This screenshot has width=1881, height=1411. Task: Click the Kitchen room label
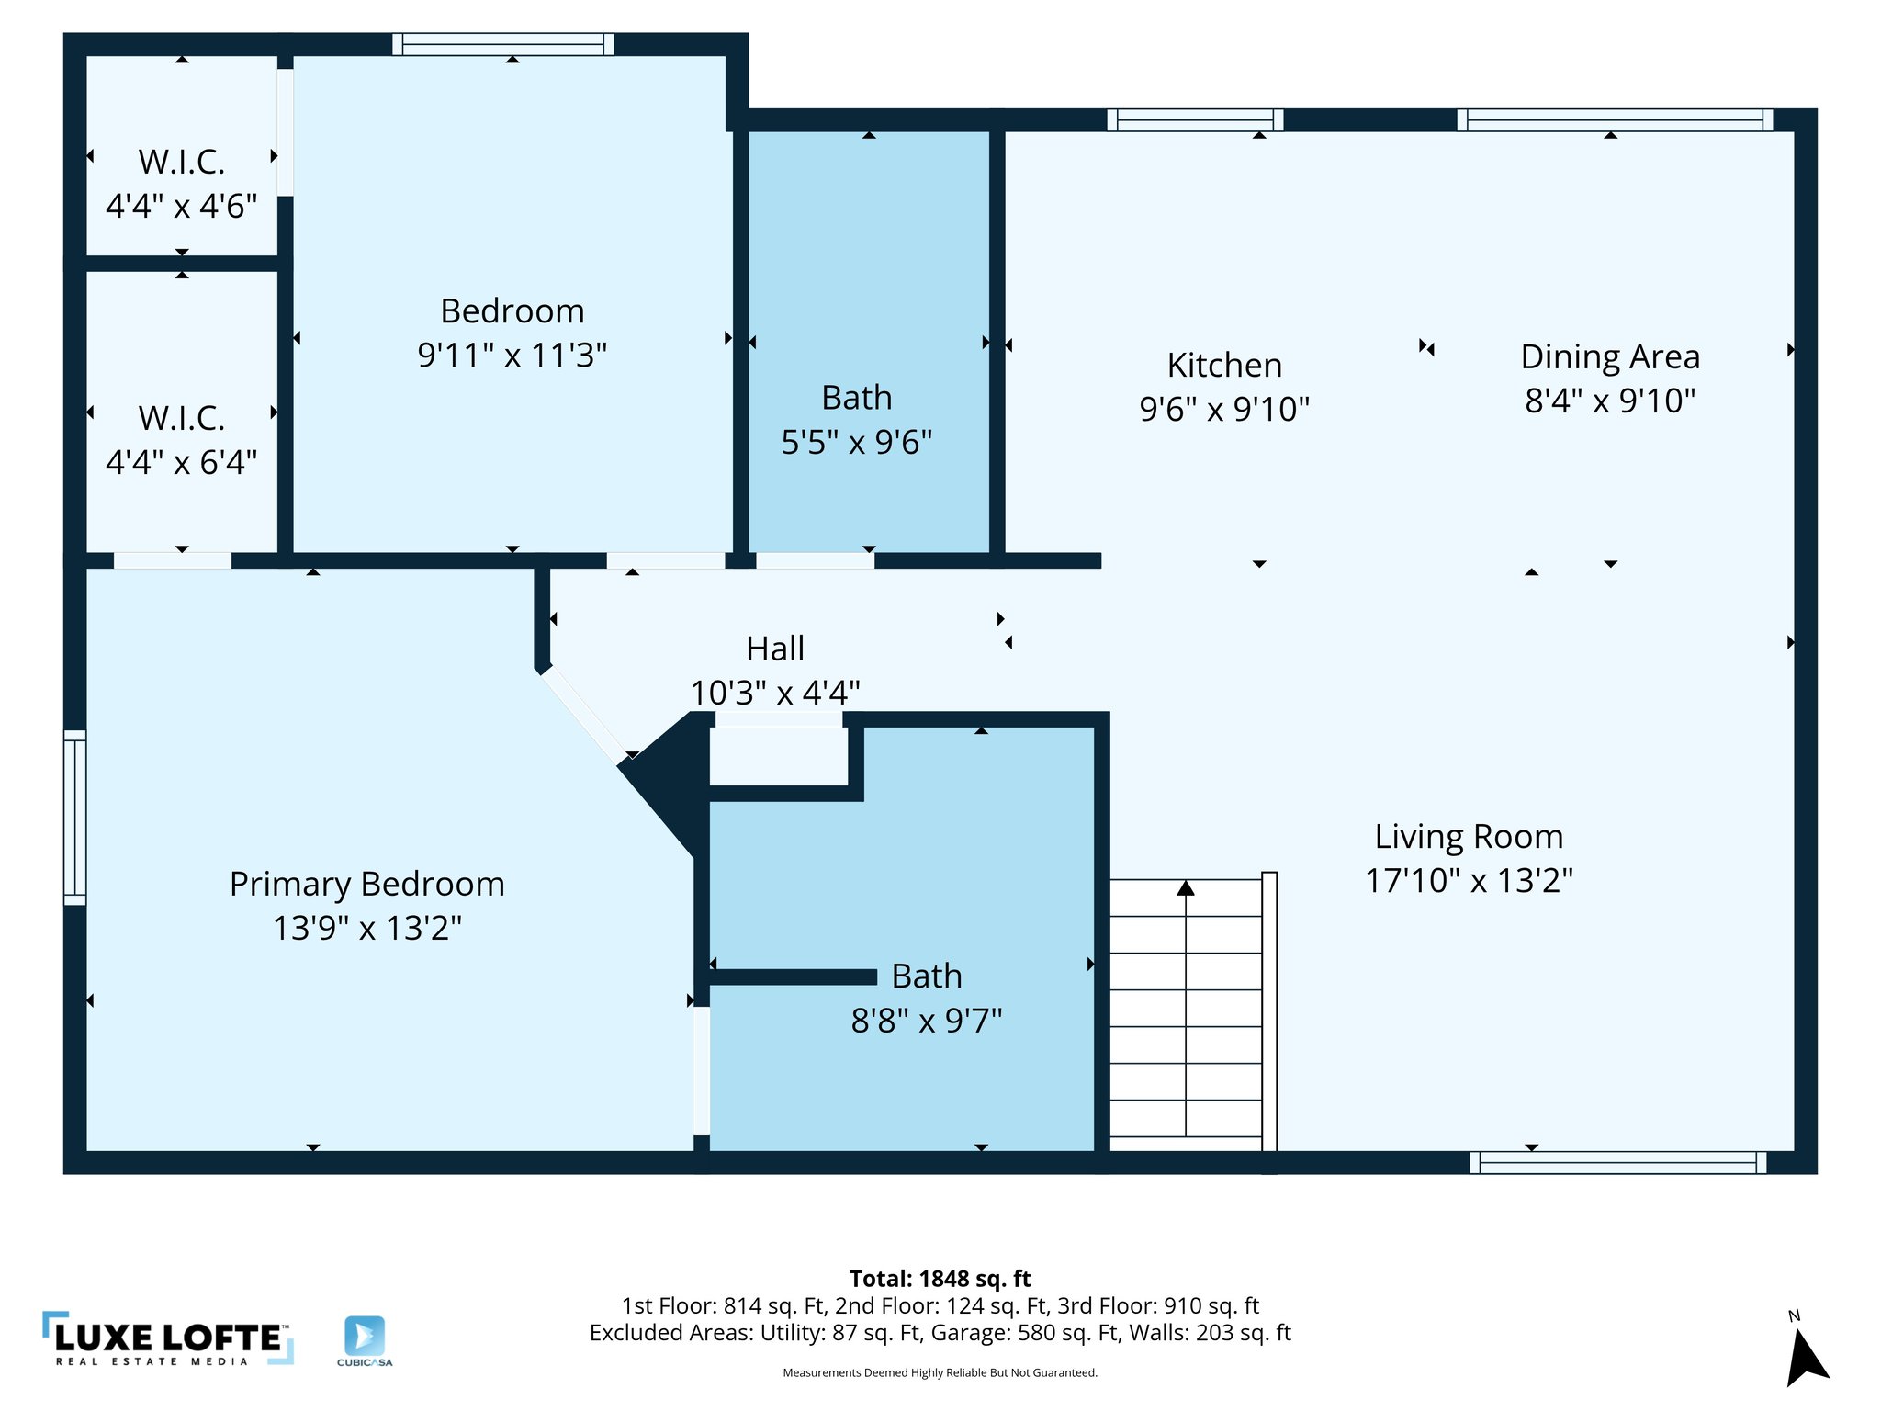pyautogui.click(x=1223, y=365)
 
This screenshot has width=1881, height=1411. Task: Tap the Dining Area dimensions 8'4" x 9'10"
pyautogui.click(x=1609, y=401)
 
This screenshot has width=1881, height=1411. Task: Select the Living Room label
pyautogui.click(x=1468, y=836)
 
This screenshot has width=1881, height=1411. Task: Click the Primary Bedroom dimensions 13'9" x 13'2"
pyautogui.click(x=366, y=928)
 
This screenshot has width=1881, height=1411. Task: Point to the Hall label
pyautogui.click(x=774, y=649)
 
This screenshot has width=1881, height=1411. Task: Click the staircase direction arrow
pyautogui.click(x=1185, y=888)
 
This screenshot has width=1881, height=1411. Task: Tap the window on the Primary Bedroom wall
pyautogui.click(x=74, y=818)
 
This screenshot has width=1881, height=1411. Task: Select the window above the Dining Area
pyautogui.click(x=1615, y=119)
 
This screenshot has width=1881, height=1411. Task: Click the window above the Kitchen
pyautogui.click(x=1194, y=119)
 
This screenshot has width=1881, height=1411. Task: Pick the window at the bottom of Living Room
pyautogui.click(x=1616, y=1162)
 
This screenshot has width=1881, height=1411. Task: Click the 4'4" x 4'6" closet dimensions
pyautogui.click(x=181, y=206)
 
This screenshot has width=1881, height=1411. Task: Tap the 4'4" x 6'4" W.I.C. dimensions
pyautogui.click(x=181, y=462)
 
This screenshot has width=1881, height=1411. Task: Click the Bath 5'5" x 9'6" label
pyautogui.click(x=856, y=398)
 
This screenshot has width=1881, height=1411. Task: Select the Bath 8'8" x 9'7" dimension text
pyautogui.click(x=926, y=1020)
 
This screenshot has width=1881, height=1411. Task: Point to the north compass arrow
pyautogui.click(x=1805, y=1358)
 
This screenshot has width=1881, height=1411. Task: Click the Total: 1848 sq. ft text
pyautogui.click(x=940, y=1278)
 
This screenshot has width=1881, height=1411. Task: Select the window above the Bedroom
pyautogui.click(x=503, y=44)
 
